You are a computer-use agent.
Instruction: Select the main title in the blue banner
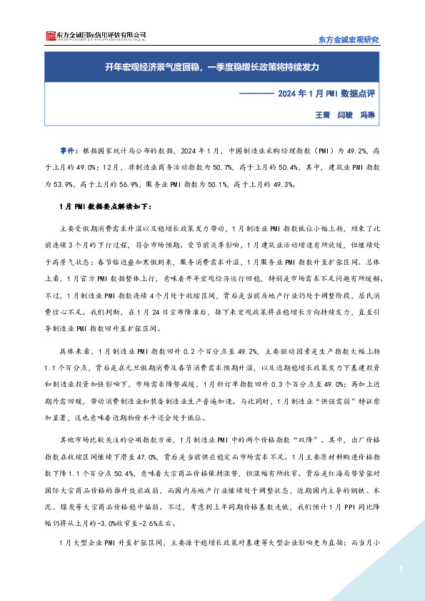coord(211,68)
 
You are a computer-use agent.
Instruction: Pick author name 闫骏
coord(346,114)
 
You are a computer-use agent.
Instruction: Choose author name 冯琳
coord(369,114)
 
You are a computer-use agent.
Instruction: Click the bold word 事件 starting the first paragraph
coord(68,151)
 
